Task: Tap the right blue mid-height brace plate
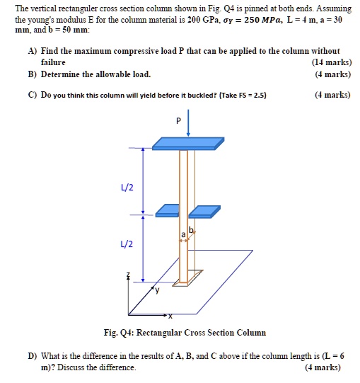click(x=205, y=210)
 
